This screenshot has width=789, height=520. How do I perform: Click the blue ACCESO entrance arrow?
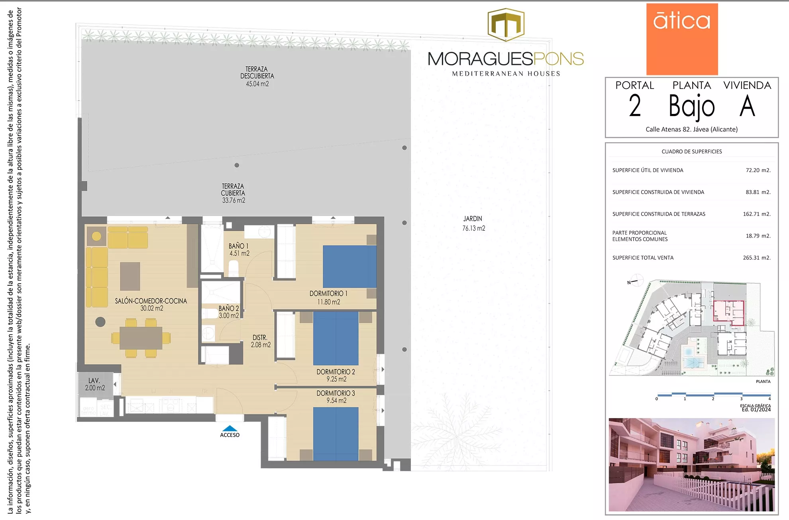[230, 428]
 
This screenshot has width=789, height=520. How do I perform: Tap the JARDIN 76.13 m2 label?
[473, 224]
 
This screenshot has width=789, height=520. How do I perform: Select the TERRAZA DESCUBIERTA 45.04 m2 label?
[257, 77]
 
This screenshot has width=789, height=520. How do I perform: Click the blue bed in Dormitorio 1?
[349, 266]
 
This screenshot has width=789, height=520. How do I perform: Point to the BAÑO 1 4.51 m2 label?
[239, 250]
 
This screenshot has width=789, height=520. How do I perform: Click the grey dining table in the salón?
[141, 338]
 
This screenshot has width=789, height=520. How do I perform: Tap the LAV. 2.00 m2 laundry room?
[95, 384]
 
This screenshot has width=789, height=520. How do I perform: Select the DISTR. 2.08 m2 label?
[261, 341]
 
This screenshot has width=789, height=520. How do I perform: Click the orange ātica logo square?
[682, 39]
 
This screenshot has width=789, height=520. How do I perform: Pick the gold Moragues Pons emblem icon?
[506, 25]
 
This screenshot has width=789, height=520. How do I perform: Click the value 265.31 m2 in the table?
[756, 258]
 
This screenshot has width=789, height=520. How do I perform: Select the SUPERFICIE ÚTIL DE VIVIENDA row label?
[648, 170]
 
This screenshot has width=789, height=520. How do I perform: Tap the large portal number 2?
[635, 106]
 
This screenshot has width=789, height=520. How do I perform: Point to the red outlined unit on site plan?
[728, 313]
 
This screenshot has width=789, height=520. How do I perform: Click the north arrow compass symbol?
[636, 280]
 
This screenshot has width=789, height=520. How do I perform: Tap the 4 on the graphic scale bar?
[769, 398]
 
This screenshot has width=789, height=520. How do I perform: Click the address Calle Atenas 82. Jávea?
[691, 129]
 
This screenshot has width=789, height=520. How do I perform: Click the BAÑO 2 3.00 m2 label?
[229, 312]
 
